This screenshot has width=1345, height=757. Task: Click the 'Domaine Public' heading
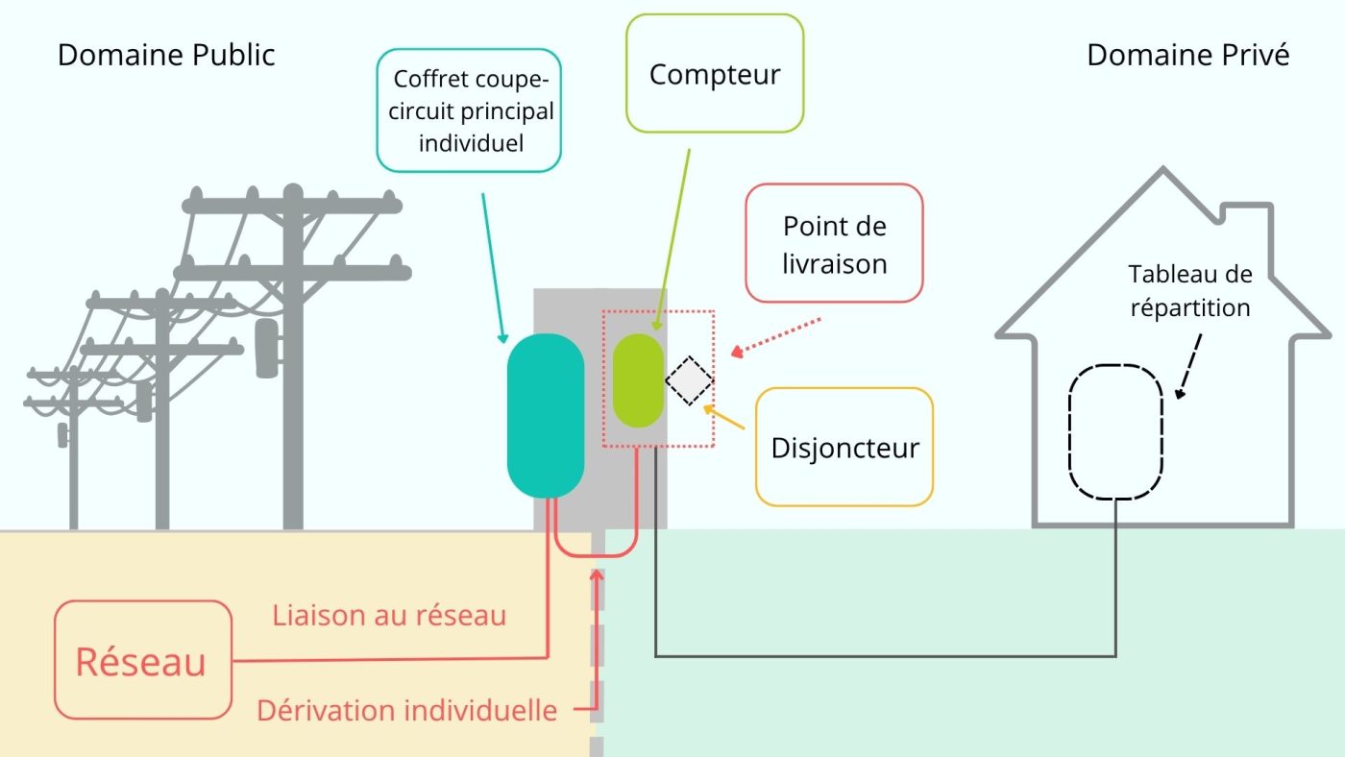tap(166, 55)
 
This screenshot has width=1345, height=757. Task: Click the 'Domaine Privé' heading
tap(1187, 55)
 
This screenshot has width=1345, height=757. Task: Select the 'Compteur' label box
tap(714, 74)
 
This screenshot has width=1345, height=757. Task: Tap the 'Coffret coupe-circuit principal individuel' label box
tap(469, 110)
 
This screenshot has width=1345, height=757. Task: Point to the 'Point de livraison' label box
tap(834, 244)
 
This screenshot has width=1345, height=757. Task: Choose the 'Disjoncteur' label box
tap(844, 447)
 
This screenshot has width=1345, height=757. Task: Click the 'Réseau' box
tap(142, 661)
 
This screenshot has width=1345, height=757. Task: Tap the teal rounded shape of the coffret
tap(546, 415)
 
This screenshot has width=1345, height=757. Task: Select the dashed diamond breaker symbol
tap(690, 381)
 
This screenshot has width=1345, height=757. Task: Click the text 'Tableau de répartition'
tap(1190, 291)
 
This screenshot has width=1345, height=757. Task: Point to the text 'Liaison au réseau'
tap(388, 615)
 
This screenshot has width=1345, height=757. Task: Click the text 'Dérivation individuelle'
tap(406, 711)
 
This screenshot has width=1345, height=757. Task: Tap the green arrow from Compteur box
tap(672, 240)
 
